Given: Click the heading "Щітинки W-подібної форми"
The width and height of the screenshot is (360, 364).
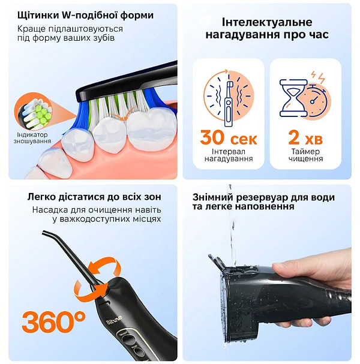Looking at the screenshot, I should click(85, 15).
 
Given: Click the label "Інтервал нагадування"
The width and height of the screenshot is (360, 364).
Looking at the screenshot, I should click(229, 155).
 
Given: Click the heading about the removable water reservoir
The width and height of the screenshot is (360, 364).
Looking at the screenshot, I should click(263, 201).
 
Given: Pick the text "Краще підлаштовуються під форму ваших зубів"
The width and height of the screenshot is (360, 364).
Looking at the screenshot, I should click(70, 33).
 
